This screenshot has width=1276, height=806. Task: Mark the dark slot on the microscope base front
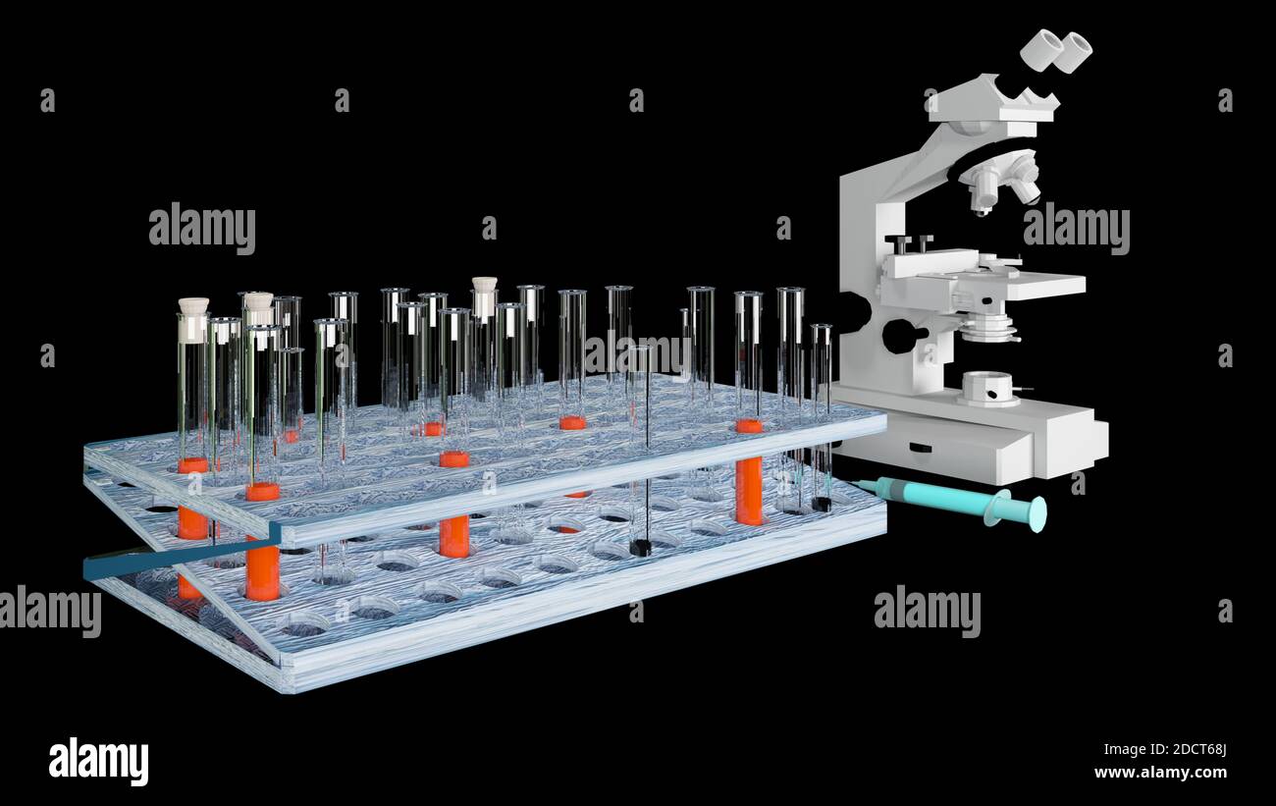tap(920, 448)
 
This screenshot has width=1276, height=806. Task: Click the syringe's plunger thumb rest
tap(1037, 513)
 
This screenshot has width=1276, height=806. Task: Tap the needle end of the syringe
tap(860, 484)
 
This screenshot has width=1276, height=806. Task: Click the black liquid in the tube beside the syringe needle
tap(821, 504)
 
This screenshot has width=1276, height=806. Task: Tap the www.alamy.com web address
tap(1160, 773)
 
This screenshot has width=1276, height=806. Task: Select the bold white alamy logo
tap(98, 761)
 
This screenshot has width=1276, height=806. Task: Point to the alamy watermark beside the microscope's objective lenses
tap(1076, 230)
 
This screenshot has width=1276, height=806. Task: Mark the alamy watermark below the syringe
tap(927, 611)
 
